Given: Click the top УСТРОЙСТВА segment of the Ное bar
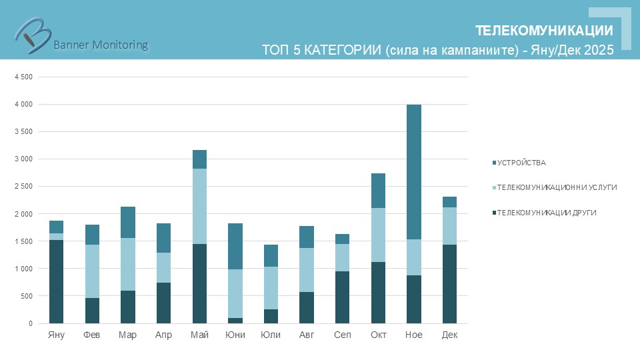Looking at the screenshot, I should pos(414,172).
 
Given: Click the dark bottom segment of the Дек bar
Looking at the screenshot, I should pos(449,283).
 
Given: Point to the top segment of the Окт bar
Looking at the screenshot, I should pos(378,191).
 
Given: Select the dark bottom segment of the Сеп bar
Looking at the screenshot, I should pos(342,297).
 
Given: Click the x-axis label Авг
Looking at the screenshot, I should pos(307,335).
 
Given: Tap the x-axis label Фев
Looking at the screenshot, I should pos(92,335).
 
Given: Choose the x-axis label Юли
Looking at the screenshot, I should pos(271,335).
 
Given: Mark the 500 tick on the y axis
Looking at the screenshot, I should pos(26,296).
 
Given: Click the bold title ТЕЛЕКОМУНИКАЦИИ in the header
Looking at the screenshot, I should pos(544,31).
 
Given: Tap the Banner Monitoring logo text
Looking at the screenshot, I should pos(100,45).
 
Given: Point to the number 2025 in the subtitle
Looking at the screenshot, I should pos(598,50).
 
